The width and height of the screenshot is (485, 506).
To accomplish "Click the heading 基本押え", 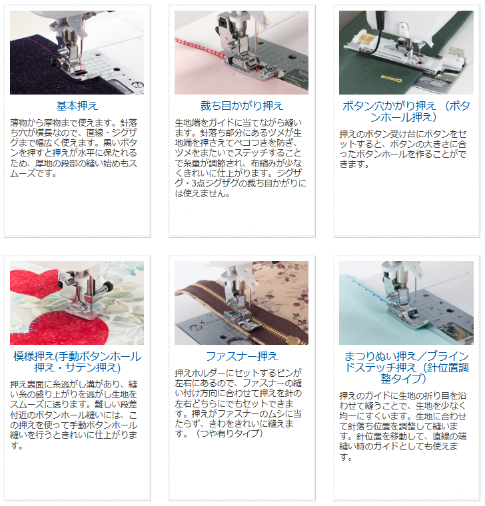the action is coord(77,106).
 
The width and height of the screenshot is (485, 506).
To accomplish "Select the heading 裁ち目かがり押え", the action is coord(242,106).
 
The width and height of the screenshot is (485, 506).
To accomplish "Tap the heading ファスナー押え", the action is coord(242,356).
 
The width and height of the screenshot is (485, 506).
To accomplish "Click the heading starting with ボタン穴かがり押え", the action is coord(406,111).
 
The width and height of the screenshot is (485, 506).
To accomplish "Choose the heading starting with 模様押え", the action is coord(77,362).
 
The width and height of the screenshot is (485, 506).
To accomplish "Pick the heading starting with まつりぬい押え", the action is coord(406,368).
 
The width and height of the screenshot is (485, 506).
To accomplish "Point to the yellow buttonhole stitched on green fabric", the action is coord(390,79).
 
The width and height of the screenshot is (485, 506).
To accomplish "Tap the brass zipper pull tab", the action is coord(293,340).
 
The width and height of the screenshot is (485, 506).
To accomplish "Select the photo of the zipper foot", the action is coord(242,303).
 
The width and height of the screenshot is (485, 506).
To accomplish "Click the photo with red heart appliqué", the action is coord(77,303).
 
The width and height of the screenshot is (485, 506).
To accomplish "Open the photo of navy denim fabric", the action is coord(77,53).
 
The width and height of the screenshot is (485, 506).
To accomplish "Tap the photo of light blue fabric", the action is coord(406,303).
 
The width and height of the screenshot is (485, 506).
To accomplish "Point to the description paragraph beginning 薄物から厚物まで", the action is coord(74,148).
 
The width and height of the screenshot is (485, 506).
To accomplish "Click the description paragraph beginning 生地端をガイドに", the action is coord(241,158).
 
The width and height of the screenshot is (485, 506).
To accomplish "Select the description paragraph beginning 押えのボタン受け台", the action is coord(403,149).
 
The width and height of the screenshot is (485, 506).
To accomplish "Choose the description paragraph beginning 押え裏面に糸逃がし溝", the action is coord(74,415).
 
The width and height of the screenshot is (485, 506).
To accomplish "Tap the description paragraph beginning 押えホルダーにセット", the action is coord(239,403).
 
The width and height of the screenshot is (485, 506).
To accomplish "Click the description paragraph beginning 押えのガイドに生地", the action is coord(403,426).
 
